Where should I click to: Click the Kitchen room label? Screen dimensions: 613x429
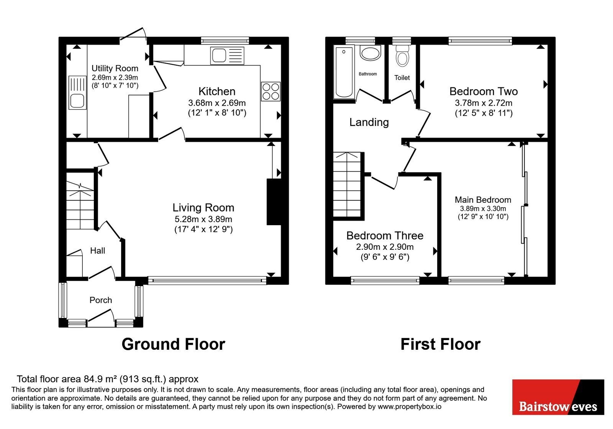click(x=217, y=92)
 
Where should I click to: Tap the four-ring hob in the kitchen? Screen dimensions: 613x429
click(x=270, y=92)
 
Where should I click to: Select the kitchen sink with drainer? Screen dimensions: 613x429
click(x=227, y=56)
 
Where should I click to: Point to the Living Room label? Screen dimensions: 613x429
click(x=203, y=208)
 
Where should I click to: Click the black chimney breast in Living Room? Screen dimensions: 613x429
click(x=274, y=202)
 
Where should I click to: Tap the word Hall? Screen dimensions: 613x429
click(x=98, y=251)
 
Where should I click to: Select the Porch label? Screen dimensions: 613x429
click(x=101, y=300)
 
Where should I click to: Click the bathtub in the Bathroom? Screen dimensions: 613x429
click(x=344, y=72)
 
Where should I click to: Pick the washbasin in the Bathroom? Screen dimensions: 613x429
click(x=370, y=53)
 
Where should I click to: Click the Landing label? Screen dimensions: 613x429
click(x=369, y=122)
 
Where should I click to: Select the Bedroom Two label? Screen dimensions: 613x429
click(x=484, y=92)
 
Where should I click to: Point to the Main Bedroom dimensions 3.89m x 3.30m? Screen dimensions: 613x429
click(x=483, y=209)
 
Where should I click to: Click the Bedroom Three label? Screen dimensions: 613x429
click(x=385, y=236)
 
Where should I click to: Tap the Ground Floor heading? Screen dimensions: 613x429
click(x=173, y=344)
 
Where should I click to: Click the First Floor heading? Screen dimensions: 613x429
click(x=441, y=344)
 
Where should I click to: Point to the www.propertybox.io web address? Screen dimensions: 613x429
click(x=410, y=406)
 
